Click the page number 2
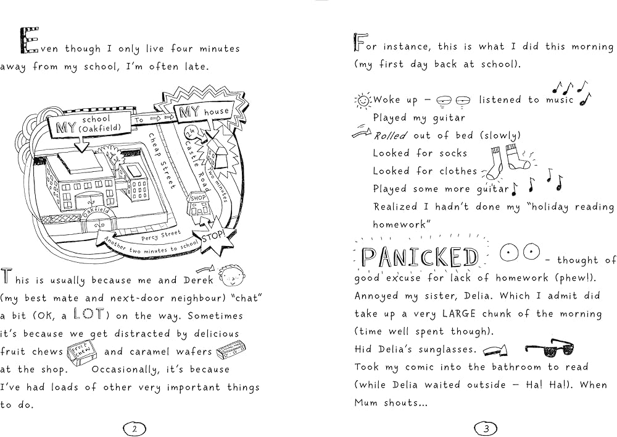135,427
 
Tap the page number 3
486,427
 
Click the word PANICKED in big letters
420,257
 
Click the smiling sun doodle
363,100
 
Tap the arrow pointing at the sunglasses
496,350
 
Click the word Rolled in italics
390,135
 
